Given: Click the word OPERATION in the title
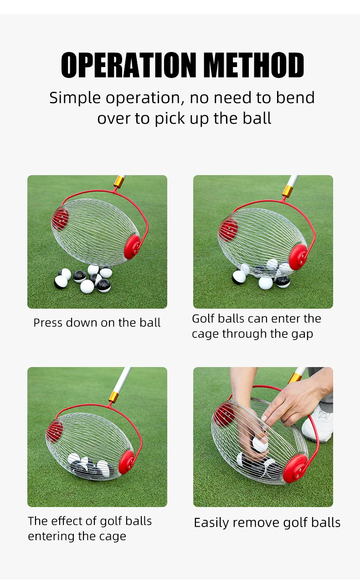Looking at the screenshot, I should click(129, 65).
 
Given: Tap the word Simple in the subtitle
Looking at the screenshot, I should click(75, 98).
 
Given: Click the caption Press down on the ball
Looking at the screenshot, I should click(97, 323).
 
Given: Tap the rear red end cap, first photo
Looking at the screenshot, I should click(61, 218).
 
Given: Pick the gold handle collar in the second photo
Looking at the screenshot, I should click(288, 191).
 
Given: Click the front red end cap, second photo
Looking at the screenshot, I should click(298, 256).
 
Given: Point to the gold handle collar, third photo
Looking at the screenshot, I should click(113, 397).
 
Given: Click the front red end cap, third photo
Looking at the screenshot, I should click(126, 462).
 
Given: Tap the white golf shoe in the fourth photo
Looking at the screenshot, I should click(318, 424).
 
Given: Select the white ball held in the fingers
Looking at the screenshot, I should click(260, 443).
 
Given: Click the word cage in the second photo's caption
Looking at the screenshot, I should click(205, 334).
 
